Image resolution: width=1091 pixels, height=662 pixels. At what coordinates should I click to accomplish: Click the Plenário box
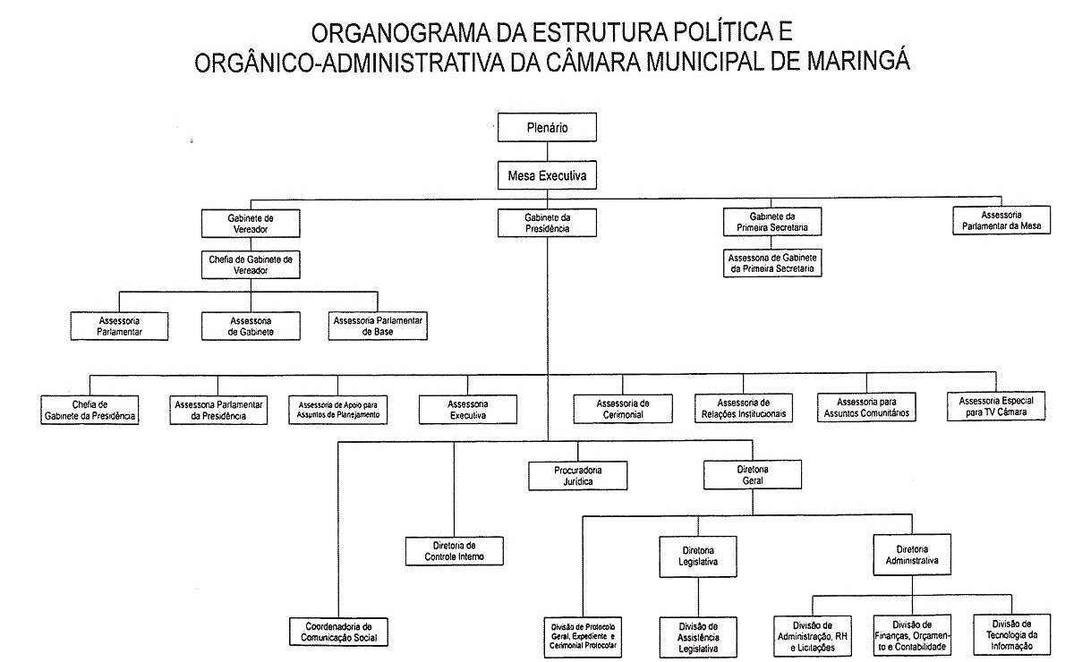point(547,128)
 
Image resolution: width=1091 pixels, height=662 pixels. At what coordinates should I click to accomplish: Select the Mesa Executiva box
point(547,176)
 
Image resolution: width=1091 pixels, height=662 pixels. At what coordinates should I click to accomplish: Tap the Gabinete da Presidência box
point(547,223)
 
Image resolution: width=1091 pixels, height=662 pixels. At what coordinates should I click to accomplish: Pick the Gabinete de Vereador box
point(250,223)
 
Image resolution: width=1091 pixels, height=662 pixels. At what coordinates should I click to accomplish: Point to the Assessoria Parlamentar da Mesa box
point(1002,221)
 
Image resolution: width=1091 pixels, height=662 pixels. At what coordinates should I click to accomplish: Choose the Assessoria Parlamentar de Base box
point(379,326)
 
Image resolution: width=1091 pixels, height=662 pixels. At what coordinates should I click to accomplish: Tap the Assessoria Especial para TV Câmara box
point(995,406)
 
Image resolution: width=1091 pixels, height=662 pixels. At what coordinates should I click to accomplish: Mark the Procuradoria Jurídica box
point(578,475)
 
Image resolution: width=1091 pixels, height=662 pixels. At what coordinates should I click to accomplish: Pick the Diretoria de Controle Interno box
point(454,550)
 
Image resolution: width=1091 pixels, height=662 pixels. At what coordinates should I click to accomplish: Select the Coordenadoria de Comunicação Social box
point(339,632)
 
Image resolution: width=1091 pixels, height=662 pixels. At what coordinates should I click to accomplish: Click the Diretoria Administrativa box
point(912,555)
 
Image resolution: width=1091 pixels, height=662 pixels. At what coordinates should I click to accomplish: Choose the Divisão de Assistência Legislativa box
point(698,637)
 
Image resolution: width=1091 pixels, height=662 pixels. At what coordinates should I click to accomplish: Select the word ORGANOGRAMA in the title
point(398,34)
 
